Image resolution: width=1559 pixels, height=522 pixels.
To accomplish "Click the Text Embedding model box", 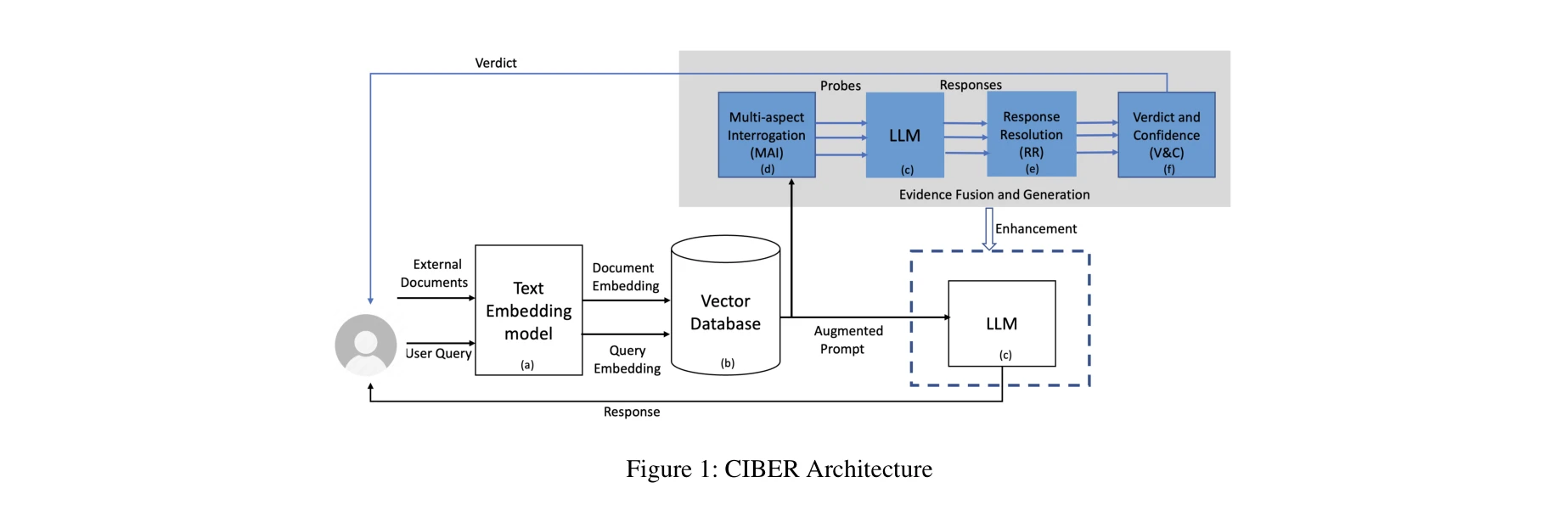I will tap(528, 311).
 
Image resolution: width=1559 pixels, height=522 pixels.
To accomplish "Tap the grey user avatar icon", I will tap(366, 345).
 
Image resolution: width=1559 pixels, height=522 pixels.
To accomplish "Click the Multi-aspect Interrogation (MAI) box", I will tap(767, 135).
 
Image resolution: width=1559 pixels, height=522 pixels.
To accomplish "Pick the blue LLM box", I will tap(904, 135).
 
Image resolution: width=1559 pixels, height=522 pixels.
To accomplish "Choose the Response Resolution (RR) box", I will tap(1031, 134).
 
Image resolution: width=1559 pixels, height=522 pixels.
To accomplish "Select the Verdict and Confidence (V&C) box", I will tap(1166, 135).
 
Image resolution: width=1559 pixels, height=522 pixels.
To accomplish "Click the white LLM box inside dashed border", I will tap(1001, 323).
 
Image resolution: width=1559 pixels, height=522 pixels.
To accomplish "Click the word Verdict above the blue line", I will tap(496, 63).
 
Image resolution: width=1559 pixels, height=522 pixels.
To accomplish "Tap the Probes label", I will tap(841, 86).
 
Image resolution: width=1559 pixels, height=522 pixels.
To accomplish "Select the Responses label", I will tap(971, 85).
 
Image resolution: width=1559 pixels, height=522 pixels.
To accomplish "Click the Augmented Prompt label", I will tap(847, 340).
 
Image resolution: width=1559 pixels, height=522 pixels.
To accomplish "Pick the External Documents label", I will tap(435, 273).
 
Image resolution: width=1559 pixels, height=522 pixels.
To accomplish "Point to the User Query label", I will tap(438, 353).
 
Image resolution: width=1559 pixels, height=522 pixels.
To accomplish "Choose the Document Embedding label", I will tap(625, 277).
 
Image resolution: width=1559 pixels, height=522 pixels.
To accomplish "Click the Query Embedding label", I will tap(627, 359).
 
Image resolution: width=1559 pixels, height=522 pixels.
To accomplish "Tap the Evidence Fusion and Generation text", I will tap(994, 194).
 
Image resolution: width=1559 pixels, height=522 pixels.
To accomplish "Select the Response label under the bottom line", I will tap(632, 412).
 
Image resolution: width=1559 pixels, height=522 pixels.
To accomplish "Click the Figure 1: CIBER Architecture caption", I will tap(779, 469).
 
